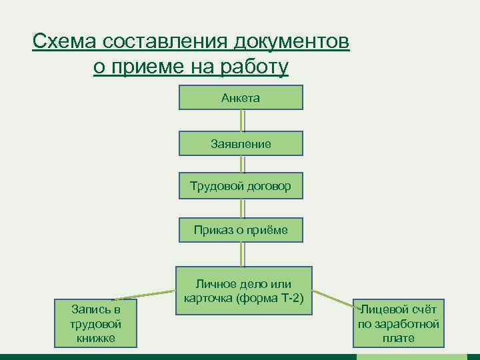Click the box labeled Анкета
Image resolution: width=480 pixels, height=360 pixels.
pos(241,98)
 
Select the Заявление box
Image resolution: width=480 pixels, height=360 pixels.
pos(241,143)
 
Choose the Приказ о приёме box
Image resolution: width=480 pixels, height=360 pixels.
pos(241,230)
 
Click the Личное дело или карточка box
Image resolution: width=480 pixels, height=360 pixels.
pos(243,291)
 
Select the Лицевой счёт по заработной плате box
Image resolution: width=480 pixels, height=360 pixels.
pos(399,324)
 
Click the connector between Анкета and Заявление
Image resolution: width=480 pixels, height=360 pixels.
pos(243,121)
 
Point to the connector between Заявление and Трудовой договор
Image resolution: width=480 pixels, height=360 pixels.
pos(243,165)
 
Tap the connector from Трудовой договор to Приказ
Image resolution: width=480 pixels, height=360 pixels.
pos(243,208)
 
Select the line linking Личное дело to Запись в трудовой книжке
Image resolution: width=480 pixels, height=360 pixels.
pos(143,295)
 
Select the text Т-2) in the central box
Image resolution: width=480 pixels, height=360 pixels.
pos(291,297)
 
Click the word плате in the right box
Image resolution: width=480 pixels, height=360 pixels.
pos(399,338)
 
